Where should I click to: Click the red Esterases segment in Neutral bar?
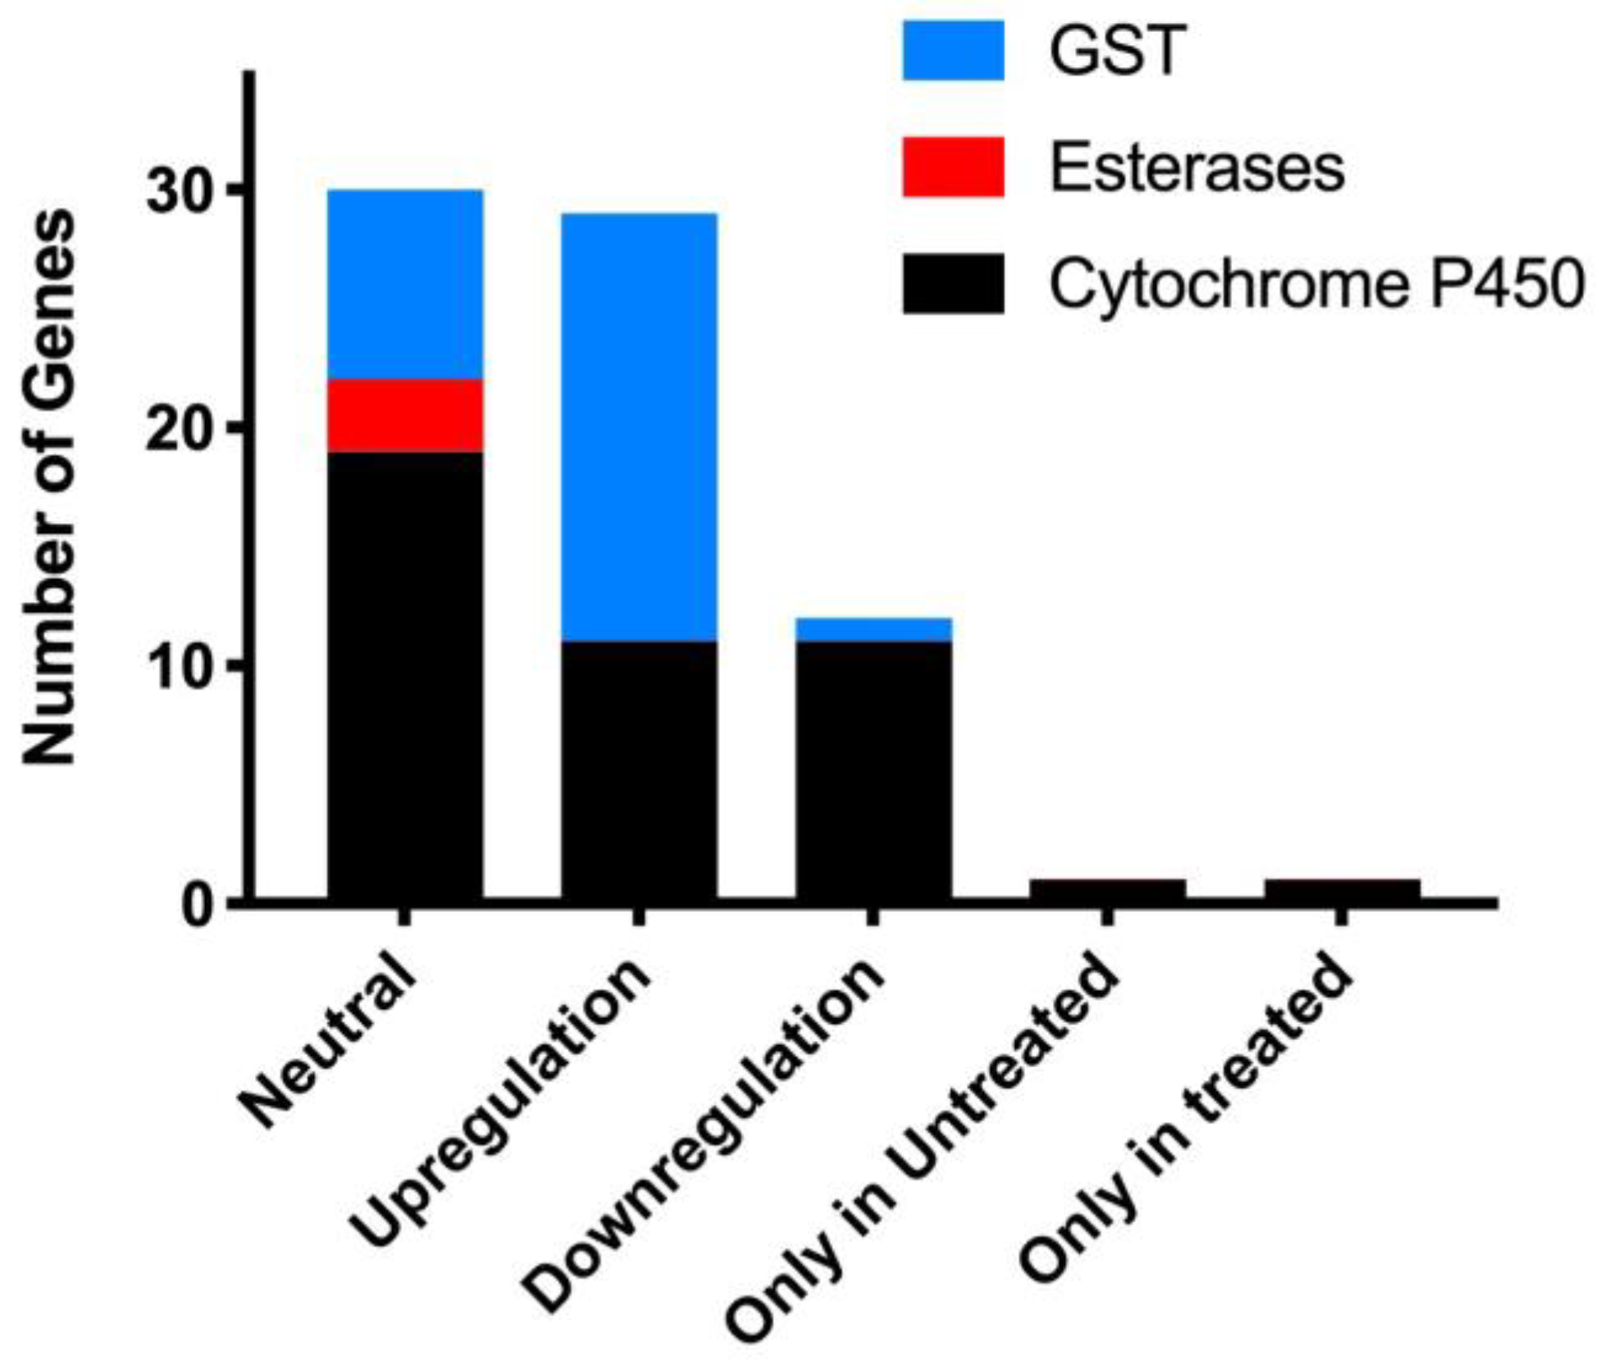click(x=405, y=415)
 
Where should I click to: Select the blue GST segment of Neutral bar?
click(x=405, y=284)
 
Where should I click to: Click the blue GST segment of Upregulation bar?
click(x=639, y=427)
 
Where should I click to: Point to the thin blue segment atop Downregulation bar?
click(x=873, y=629)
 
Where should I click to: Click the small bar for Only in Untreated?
click(x=1107, y=889)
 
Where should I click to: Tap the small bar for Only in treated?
click(x=1342, y=889)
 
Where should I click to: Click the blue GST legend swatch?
click(x=953, y=51)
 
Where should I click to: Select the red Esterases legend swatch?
click(x=953, y=167)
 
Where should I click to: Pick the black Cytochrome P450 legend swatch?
click(x=953, y=284)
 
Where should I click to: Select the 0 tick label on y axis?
click(x=197, y=905)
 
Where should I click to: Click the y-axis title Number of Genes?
click(x=49, y=488)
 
